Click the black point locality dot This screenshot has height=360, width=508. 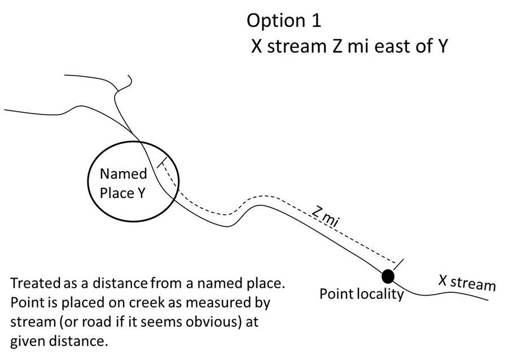tap(387, 276)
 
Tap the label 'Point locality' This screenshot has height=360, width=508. tap(361, 294)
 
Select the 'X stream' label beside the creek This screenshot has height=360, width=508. tap(467, 282)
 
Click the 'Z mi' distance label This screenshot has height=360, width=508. tap(325, 217)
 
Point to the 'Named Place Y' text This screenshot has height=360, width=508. tap(123, 183)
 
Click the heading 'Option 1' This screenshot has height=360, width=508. tap(284, 21)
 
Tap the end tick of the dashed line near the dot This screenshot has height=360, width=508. tap(400, 263)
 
